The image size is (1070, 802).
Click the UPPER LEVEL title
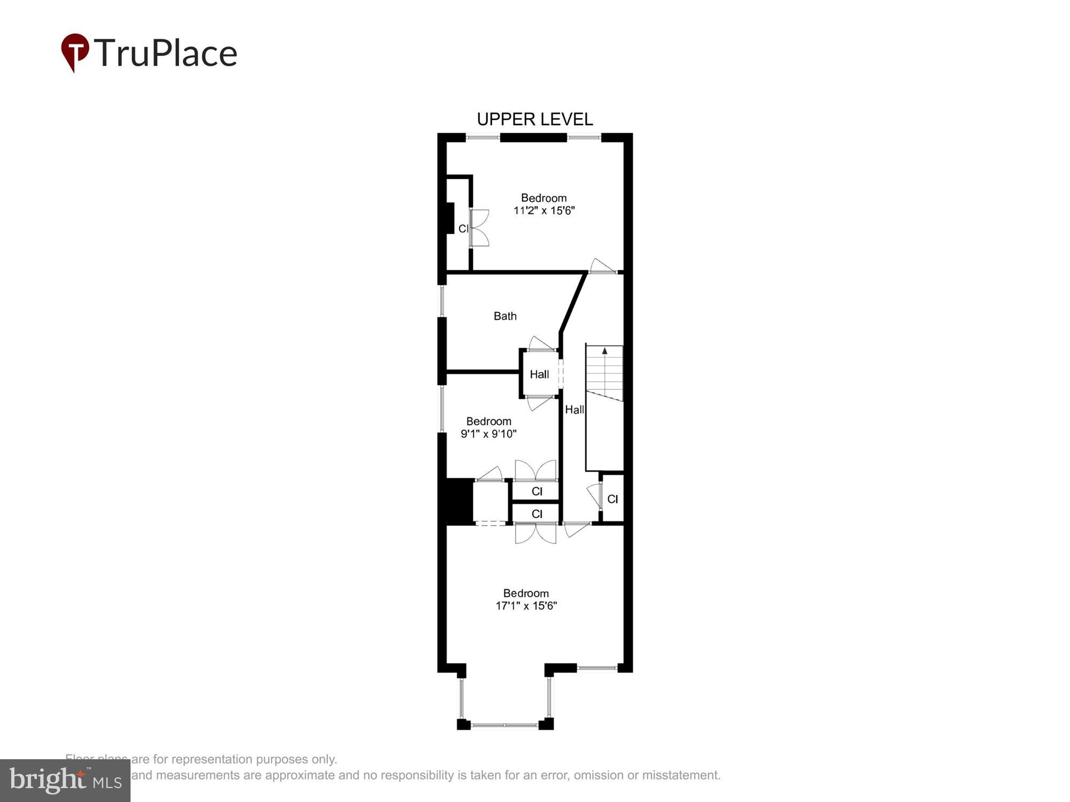pos(534,119)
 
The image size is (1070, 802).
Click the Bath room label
pos(505,316)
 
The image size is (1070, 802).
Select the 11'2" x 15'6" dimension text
pos(544,211)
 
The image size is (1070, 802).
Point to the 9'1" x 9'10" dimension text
pos(488,434)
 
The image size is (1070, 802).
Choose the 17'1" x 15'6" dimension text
pos(526,606)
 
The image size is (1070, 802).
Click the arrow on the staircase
pos(605,351)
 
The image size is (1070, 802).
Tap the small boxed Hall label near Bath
pos(539,374)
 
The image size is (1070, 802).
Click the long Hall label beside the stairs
pos(574,410)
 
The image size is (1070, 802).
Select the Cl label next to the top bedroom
pos(463,229)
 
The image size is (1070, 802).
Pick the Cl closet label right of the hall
pos(612,499)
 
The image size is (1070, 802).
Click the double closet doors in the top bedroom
pos(479,228)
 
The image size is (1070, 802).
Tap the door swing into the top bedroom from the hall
pos(602,266)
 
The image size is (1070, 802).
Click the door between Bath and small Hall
pos(541,344)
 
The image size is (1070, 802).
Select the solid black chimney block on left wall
pos(456,501)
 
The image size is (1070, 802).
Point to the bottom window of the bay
pos(505,725)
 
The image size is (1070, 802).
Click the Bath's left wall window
pos(442,301)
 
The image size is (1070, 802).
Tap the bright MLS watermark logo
pos(65,781)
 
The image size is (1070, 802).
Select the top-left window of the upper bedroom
pos(483,138)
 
